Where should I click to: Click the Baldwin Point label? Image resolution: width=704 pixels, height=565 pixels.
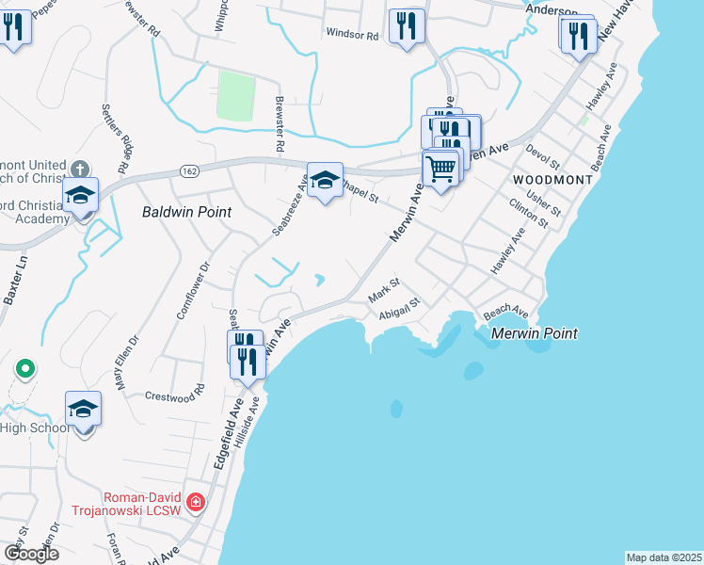pos(186,212)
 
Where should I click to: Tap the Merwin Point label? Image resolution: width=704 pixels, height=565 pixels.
pos(534,333)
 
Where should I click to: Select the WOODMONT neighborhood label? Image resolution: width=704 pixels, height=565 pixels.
pos(552,179)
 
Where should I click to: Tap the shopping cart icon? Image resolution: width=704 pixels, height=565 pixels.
pos(441,169)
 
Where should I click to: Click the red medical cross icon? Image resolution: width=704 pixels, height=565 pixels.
pos(196,503)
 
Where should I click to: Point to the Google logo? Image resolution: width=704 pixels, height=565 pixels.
pos(31,554)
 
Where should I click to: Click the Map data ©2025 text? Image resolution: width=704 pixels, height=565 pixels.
pos(664,557)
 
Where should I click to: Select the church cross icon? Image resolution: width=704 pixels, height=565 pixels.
pos(81,169)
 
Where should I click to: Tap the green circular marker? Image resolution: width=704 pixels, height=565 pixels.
pos(25,367)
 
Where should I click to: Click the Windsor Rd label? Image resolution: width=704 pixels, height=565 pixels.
pos(352,34)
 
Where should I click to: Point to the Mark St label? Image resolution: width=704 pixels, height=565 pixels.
pos(384,289)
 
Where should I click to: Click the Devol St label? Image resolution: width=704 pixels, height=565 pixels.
pos(542,156)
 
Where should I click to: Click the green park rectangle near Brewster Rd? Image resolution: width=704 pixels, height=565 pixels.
pos(237,94)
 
